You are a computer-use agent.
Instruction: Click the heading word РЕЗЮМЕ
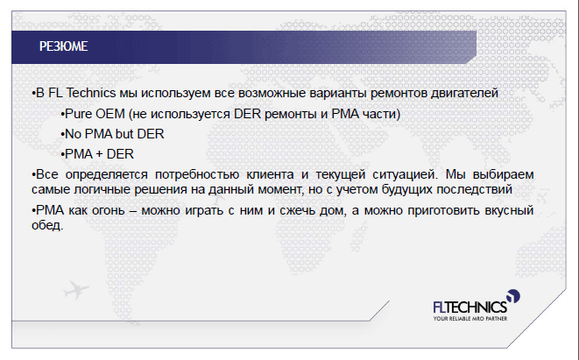(64, 46)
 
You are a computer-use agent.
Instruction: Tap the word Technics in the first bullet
(91, 93)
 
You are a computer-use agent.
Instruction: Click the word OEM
(110, 114)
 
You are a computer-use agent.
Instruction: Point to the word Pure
(78, 114)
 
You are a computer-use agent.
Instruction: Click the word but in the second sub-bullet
(124, 134)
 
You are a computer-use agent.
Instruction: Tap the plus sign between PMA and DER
(99, 154)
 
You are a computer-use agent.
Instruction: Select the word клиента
(270, 174)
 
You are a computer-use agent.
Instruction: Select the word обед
(47, 225)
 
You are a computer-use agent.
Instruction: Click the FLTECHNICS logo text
(470, 307)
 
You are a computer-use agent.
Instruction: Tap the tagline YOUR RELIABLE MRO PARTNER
(470, 318)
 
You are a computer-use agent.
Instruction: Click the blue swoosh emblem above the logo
(513, 296)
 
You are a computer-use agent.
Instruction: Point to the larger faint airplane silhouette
(75, 290)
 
